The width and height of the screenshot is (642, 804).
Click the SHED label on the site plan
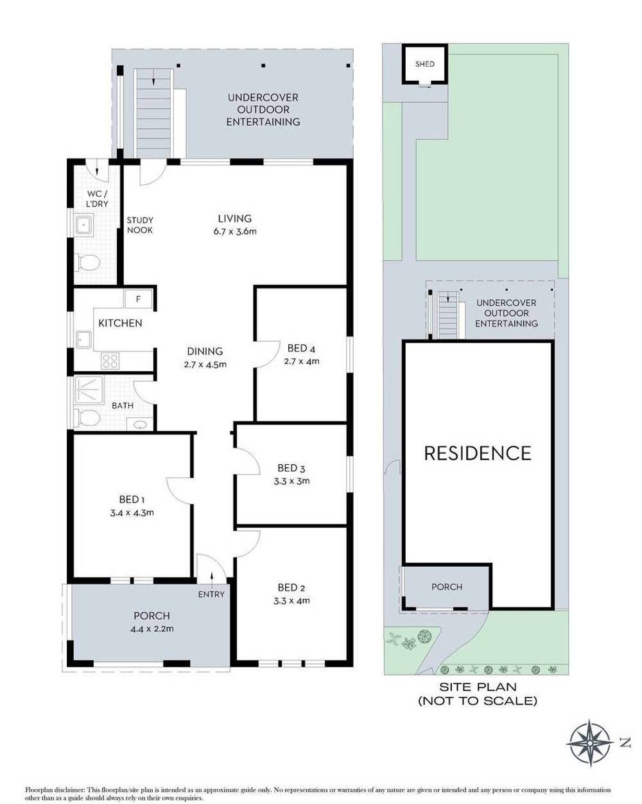click(x=424, y=64)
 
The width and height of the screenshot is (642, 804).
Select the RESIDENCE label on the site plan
click(x=478, y=453)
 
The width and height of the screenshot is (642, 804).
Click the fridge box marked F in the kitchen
click(x=138, y=299)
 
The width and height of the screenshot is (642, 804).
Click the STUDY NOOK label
click(x=140, y=225)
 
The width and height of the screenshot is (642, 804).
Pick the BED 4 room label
click(x=301, y=348)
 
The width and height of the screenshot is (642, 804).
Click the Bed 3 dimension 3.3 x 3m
click(x=291, y=481)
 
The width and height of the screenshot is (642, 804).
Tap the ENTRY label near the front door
click(x=211, y=594)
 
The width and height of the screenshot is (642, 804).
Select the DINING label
click(x=205, y=351)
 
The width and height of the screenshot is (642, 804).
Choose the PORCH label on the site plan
click(x=447, y=587)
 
